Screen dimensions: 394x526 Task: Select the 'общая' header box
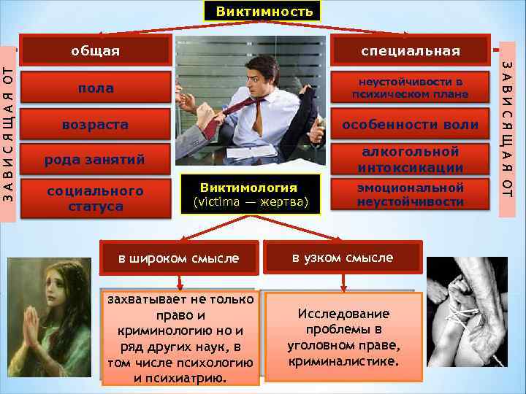tap(95, 50)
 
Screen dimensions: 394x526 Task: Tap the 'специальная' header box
tap(409, 50)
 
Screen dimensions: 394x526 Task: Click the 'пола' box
tap(95, 88)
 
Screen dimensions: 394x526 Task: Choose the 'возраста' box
tap(95, 125)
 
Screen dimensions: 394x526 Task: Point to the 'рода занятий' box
tap(95, 160)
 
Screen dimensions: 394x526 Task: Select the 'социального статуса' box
tap(95, 198)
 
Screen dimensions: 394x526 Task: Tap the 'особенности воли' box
tap(410, 125)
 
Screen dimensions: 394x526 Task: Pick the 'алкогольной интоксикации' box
tap(410, 160)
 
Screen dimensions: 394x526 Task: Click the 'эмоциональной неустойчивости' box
tap(410, 195)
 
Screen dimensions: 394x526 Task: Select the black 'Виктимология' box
tap(249, 194)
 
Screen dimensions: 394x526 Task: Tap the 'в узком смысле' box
tap(343, 258)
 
